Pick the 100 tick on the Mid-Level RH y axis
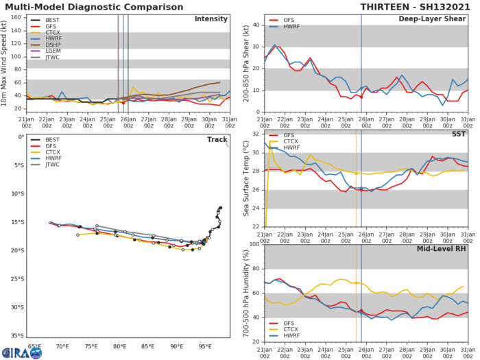pos(254,243)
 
